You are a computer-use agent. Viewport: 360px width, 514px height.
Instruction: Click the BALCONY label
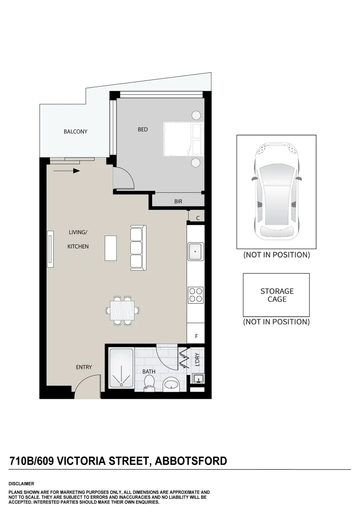(x=76, y=132)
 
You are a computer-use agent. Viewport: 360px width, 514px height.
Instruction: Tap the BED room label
(x=143, y=129)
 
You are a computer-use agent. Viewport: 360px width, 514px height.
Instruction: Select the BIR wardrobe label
(x=178, y=202)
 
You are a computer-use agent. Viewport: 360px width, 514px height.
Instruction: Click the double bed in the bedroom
(x=183, y=139)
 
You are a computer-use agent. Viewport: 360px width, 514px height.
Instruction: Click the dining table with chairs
(x=122, y=310)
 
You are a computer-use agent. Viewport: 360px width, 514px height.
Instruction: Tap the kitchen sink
(x=196, y=251)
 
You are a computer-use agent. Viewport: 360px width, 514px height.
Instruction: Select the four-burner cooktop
(x=196, y=295)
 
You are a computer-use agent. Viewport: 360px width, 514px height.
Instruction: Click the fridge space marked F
(x=196, y=336)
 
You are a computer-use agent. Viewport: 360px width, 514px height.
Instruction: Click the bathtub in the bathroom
(x=121, y=368)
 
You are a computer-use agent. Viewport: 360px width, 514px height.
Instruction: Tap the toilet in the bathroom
(x=149, y=382)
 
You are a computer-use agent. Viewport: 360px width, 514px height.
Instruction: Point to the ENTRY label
(x=84, y=367)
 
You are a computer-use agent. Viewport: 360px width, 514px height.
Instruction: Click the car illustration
(x=276, y=191)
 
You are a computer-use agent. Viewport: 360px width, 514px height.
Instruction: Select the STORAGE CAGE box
(x=276, y=295)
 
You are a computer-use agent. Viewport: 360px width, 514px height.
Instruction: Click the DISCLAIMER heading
(x=21, y=484)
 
